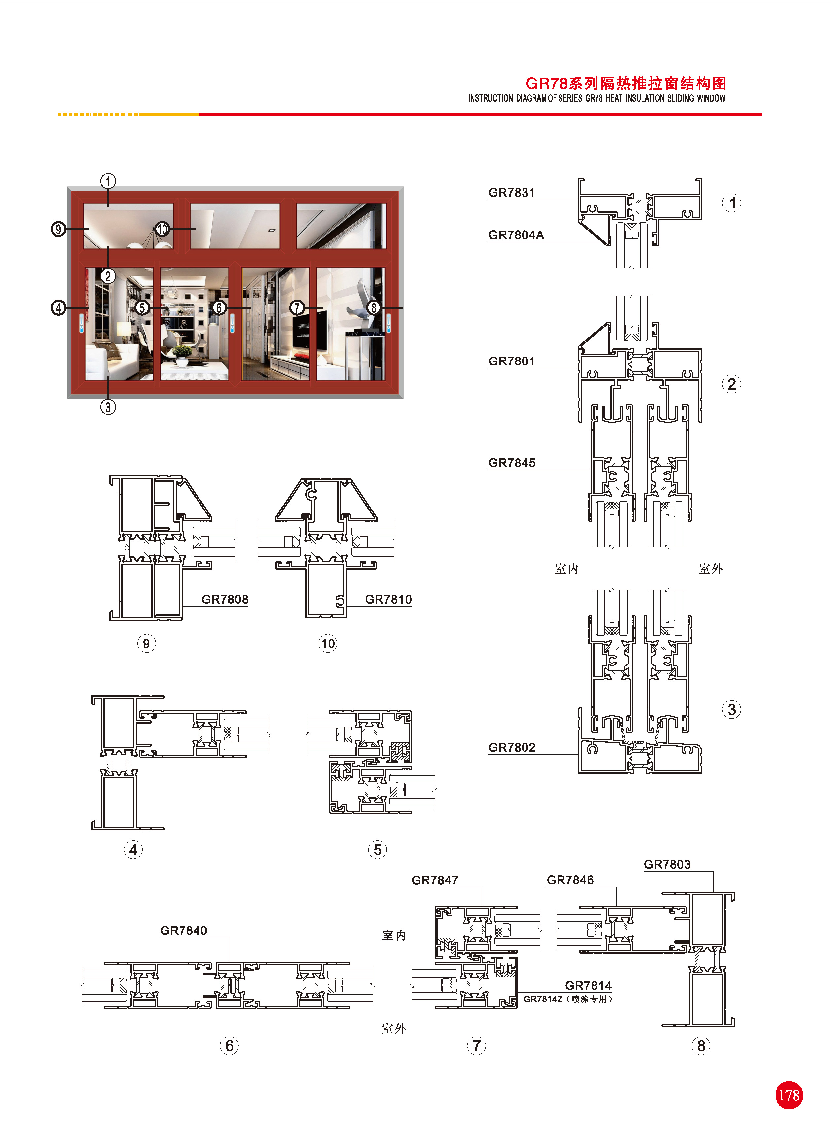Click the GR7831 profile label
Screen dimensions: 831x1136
[512, 192]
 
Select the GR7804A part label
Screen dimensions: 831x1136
[516, 235]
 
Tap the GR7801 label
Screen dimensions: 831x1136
[512, 361]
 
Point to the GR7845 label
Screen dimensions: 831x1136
[512, 463]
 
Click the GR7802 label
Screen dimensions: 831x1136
[512, 748]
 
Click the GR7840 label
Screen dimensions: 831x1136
[184, 931]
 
